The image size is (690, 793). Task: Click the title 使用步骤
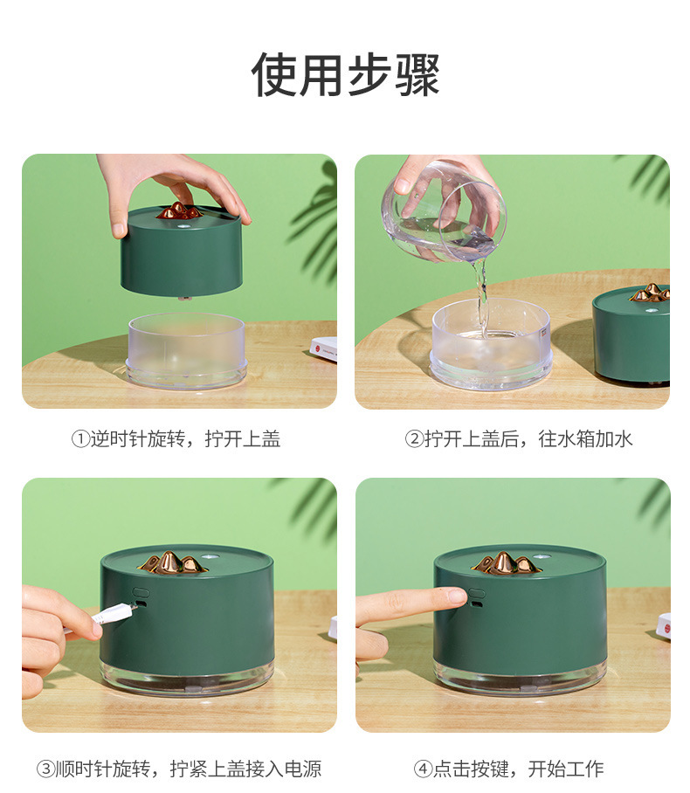coord(345,74)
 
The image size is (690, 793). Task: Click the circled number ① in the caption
coord(80,439)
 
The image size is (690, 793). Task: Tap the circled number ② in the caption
coord(414,439)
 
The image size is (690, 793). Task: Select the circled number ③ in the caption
coord(45,769)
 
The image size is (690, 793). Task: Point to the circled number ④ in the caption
coord(424,769)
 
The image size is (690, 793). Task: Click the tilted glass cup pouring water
coord(445,212)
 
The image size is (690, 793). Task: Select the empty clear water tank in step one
coord(187,350)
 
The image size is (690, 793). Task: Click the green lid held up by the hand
coord(182,252)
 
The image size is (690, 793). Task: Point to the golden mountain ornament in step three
coord(172,562)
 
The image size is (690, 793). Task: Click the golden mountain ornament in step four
coord(506,563)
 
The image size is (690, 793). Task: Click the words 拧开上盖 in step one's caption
coord(243,439)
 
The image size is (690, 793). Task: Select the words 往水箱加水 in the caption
coord(586,439)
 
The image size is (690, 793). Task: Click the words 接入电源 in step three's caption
coord(283,769)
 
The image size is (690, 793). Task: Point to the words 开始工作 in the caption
coord(566,769)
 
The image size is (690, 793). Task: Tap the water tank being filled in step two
coord(491,344)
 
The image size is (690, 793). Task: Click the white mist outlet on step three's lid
coord(209,558)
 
